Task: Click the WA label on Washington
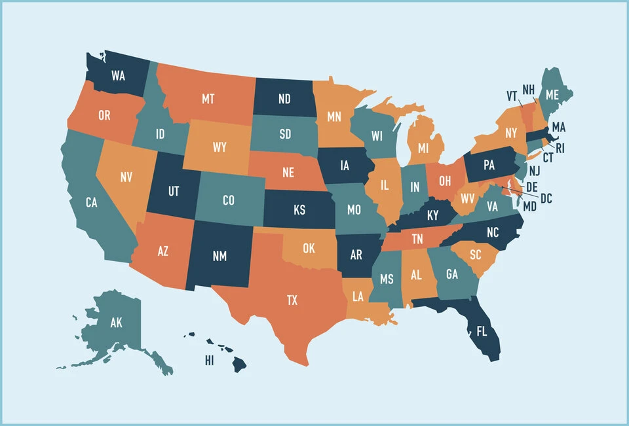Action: point(118,75)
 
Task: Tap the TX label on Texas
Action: point(292,300)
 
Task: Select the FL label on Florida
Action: point(482,331)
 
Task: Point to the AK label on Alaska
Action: point(116,323)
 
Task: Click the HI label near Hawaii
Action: point(210,361)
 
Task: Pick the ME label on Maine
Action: point(552,95)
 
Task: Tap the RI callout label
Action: point(560,148)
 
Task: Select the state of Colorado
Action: point(228,200)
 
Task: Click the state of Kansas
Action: point(299,211)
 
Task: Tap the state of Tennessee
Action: point(417,240)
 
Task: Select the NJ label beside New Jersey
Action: point(534,171)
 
